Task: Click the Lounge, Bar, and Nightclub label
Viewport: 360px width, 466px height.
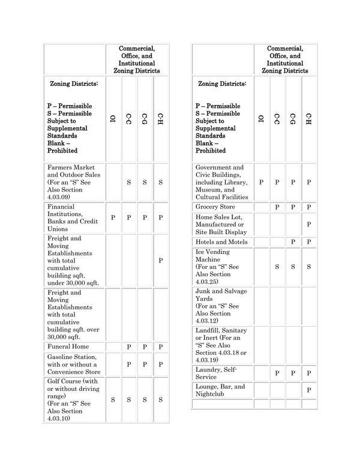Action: (220, 390)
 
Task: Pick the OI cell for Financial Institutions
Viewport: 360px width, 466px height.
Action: (113, 217)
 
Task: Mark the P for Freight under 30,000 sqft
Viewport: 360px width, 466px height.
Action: (160, 260)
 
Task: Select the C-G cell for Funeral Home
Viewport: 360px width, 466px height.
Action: (145, 346)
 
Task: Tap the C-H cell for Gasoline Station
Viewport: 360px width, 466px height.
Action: (160, 365)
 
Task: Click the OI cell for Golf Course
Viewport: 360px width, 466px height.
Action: (113, 399)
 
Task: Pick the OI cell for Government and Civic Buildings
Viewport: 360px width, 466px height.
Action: (261, 181)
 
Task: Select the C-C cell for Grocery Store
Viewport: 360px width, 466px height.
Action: (277, 207)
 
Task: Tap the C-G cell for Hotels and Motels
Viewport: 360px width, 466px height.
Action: (293, 241)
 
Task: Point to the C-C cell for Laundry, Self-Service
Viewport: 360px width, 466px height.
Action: (277, 373)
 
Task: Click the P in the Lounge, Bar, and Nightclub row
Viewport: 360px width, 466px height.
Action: (308, 390)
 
